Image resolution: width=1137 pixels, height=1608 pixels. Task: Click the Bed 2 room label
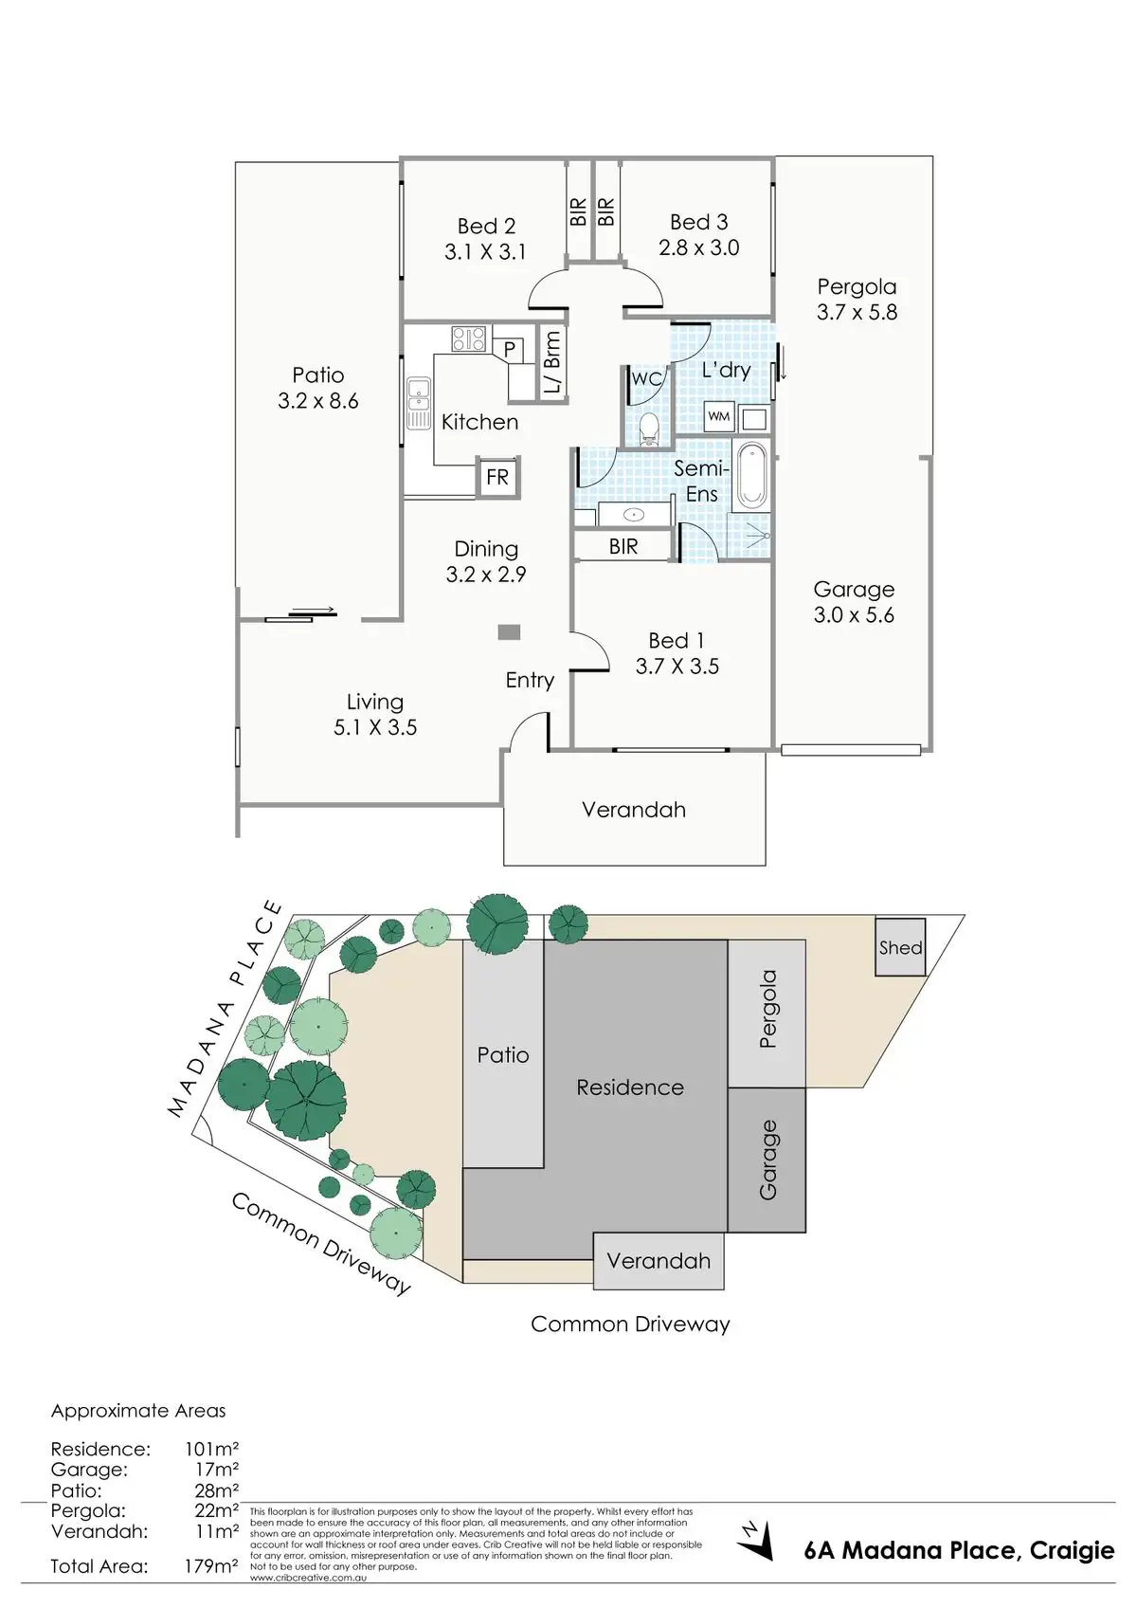click(x=486, y=227)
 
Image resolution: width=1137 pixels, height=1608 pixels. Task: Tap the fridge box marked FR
click(x=496, y=477)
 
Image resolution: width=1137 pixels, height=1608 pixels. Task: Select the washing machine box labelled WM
click(x=719, y=416)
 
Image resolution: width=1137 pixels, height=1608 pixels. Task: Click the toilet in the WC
click(x=649, y=429)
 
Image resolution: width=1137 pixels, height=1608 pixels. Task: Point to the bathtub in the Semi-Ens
click(x=751, y=474)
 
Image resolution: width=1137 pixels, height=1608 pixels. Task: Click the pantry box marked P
click(x=509, y=349)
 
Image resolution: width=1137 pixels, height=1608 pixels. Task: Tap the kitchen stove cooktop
click(x=468, y=338)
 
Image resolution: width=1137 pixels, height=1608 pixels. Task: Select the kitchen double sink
click(x=418, y=403)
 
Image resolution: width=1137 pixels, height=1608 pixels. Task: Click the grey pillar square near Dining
click(x=510, y=632)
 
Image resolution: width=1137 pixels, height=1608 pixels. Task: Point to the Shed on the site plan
click(x=899, y=947)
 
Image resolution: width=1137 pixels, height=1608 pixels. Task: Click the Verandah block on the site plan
click(x=659, y=1261)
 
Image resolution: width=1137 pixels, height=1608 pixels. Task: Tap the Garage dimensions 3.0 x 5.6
click(x=854, y=615)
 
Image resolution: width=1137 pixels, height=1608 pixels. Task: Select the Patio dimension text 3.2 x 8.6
click(x=318, y=401)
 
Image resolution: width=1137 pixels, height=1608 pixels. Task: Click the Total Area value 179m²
click(x=210, y=1566)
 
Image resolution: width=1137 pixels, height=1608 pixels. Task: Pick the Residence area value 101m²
click(x=210, y=1449)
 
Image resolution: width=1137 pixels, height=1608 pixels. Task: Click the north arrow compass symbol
click(x=755, y=1541)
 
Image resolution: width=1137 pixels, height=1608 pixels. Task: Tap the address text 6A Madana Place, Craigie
click(x=959, y=1550)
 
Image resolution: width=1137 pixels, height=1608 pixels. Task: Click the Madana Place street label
click(x=226, y=1009)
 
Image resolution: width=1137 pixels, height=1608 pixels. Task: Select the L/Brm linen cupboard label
click(x=552, y=361)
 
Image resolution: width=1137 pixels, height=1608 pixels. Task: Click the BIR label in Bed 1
click(x=623, y=546)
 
